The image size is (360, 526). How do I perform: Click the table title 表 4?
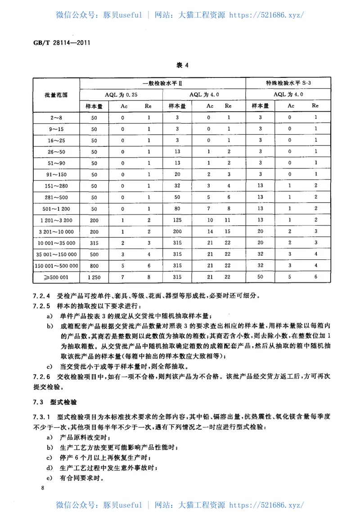coord(183,66)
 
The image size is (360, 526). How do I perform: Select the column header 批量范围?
coord(56,95)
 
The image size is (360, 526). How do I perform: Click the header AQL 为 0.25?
coord(121,95)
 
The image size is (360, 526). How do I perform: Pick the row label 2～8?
coord(56,118)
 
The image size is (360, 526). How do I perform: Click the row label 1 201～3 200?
coord(56,220)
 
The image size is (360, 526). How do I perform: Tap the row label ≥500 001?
coord(56,277)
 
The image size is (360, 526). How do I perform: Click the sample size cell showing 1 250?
coord(94,277)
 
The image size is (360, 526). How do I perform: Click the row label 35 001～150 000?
coord(56,254)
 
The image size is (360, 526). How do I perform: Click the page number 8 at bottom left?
coord(42,488)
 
